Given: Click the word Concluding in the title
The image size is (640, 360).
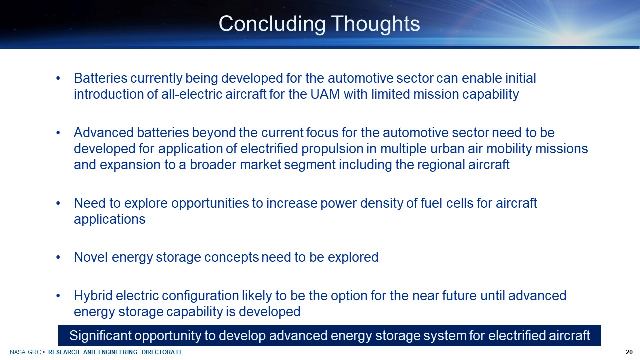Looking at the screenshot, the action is (272, 24).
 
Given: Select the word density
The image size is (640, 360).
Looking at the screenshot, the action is (381, 203).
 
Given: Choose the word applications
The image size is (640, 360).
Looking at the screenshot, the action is (110, 219).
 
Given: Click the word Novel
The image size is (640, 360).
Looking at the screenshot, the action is (91, 257).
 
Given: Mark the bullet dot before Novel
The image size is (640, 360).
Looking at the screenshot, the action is (58, 257).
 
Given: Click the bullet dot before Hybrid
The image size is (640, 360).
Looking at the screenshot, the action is (58, 296).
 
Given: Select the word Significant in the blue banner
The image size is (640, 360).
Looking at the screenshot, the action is (100, 336).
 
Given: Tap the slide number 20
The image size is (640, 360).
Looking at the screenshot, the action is (629, 352).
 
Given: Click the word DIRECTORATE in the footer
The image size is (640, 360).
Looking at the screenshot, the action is (162, 352).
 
